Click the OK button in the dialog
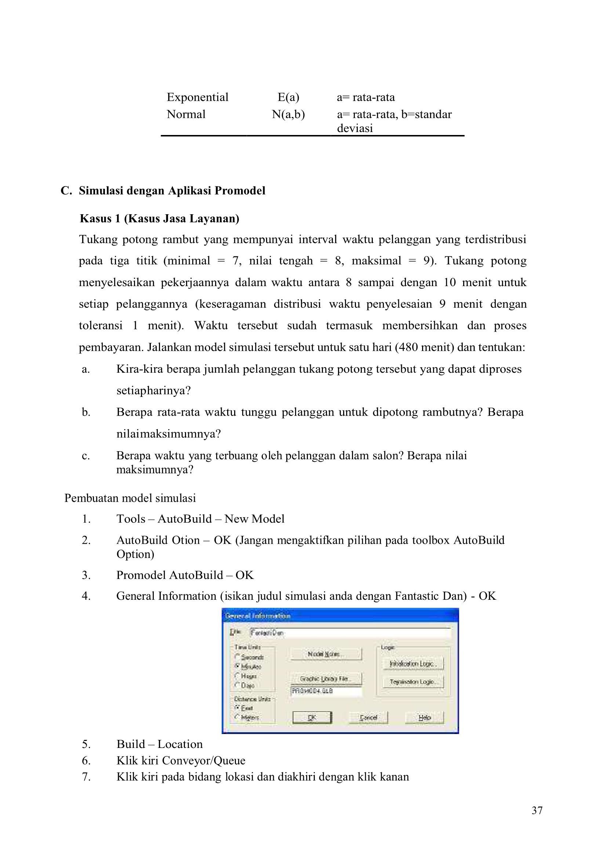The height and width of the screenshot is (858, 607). coord(312,718)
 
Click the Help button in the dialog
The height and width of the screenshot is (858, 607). coord(424,718)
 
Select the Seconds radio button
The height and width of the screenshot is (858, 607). coord(237,657)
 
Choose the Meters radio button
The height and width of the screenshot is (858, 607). coord(237,717)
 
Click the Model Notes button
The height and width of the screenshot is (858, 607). coord(326,654)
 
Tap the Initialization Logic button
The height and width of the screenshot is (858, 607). coord(413,664)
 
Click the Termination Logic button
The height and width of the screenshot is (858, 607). coord(413,682)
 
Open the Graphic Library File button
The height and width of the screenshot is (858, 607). coord(326,678)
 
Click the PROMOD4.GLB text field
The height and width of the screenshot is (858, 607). coord(326,691)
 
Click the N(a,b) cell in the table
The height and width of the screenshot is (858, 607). coord(288,114)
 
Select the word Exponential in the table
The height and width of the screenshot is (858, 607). coord(197,97)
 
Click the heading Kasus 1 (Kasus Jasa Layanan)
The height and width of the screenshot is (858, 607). coord(159,219)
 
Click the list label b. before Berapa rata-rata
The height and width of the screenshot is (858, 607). coord(86,412)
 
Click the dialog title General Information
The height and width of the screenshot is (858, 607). coord(258,616)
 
